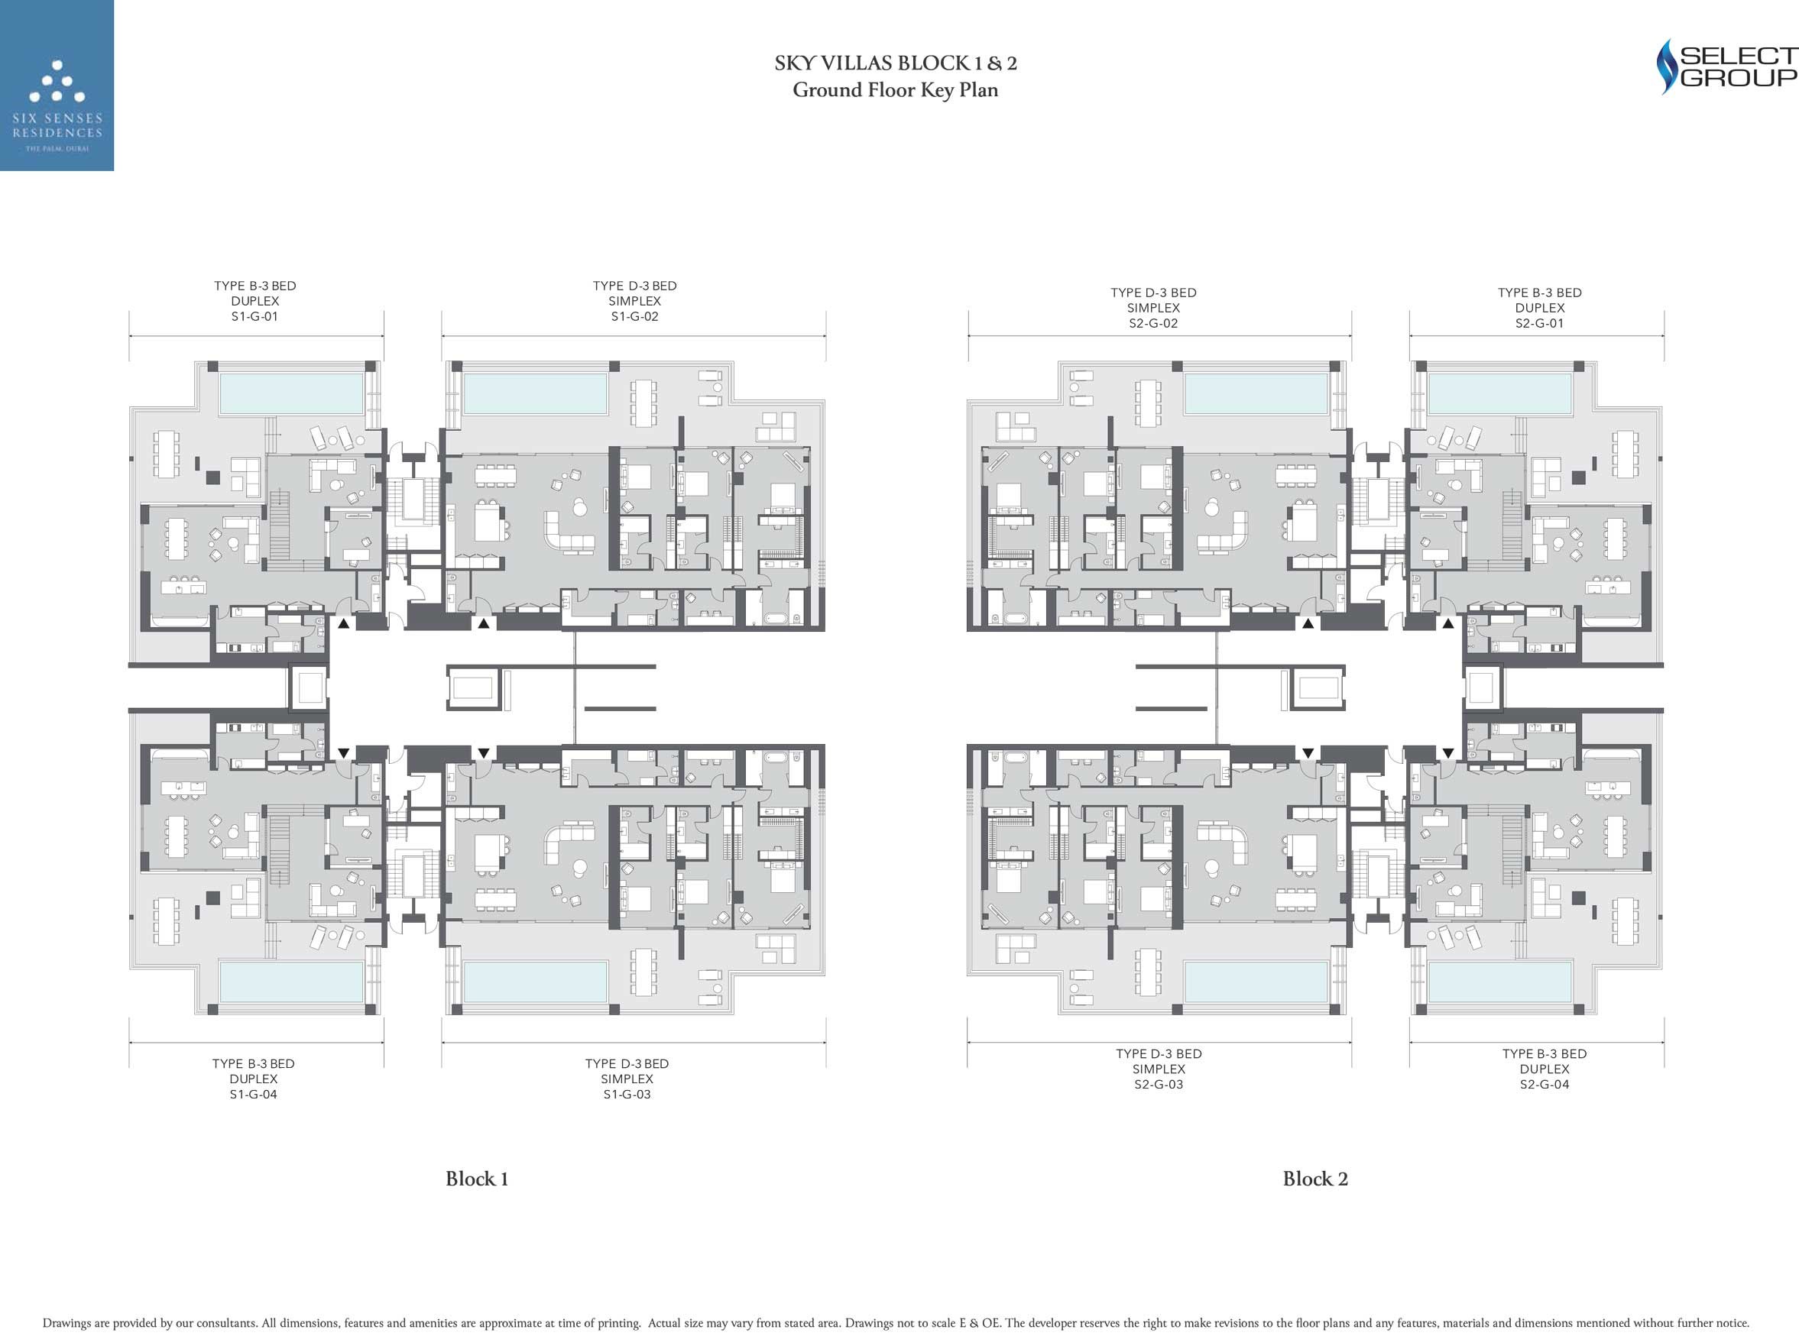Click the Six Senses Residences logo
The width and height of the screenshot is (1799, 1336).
tap(57, 85)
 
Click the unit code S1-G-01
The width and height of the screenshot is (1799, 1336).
tap(254, 317)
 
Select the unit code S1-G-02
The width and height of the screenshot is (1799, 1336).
tap(635, 317)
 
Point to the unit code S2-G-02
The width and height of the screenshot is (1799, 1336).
tap(1153, 323)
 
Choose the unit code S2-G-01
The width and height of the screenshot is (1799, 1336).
tap(1540, 323)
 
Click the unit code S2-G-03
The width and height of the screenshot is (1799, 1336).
tap(1159, 1085)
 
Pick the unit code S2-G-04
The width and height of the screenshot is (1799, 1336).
tap(1545, 1085)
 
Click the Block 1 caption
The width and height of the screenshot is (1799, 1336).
tap(477, 1179)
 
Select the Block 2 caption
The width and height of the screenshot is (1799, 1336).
tap(1315, 1179)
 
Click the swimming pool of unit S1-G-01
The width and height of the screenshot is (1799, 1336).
tap(291, 393)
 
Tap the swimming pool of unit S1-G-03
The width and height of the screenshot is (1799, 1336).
tap(535, 982)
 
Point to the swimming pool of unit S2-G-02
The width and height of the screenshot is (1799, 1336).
tap(1256, 393)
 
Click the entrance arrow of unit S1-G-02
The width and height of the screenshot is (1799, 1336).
tap(484, 623)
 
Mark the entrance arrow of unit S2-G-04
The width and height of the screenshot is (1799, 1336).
tap(1448, 753)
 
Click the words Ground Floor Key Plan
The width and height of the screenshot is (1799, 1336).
tap(896, 90)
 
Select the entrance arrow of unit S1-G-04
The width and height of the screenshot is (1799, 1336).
tap(344, 753)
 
